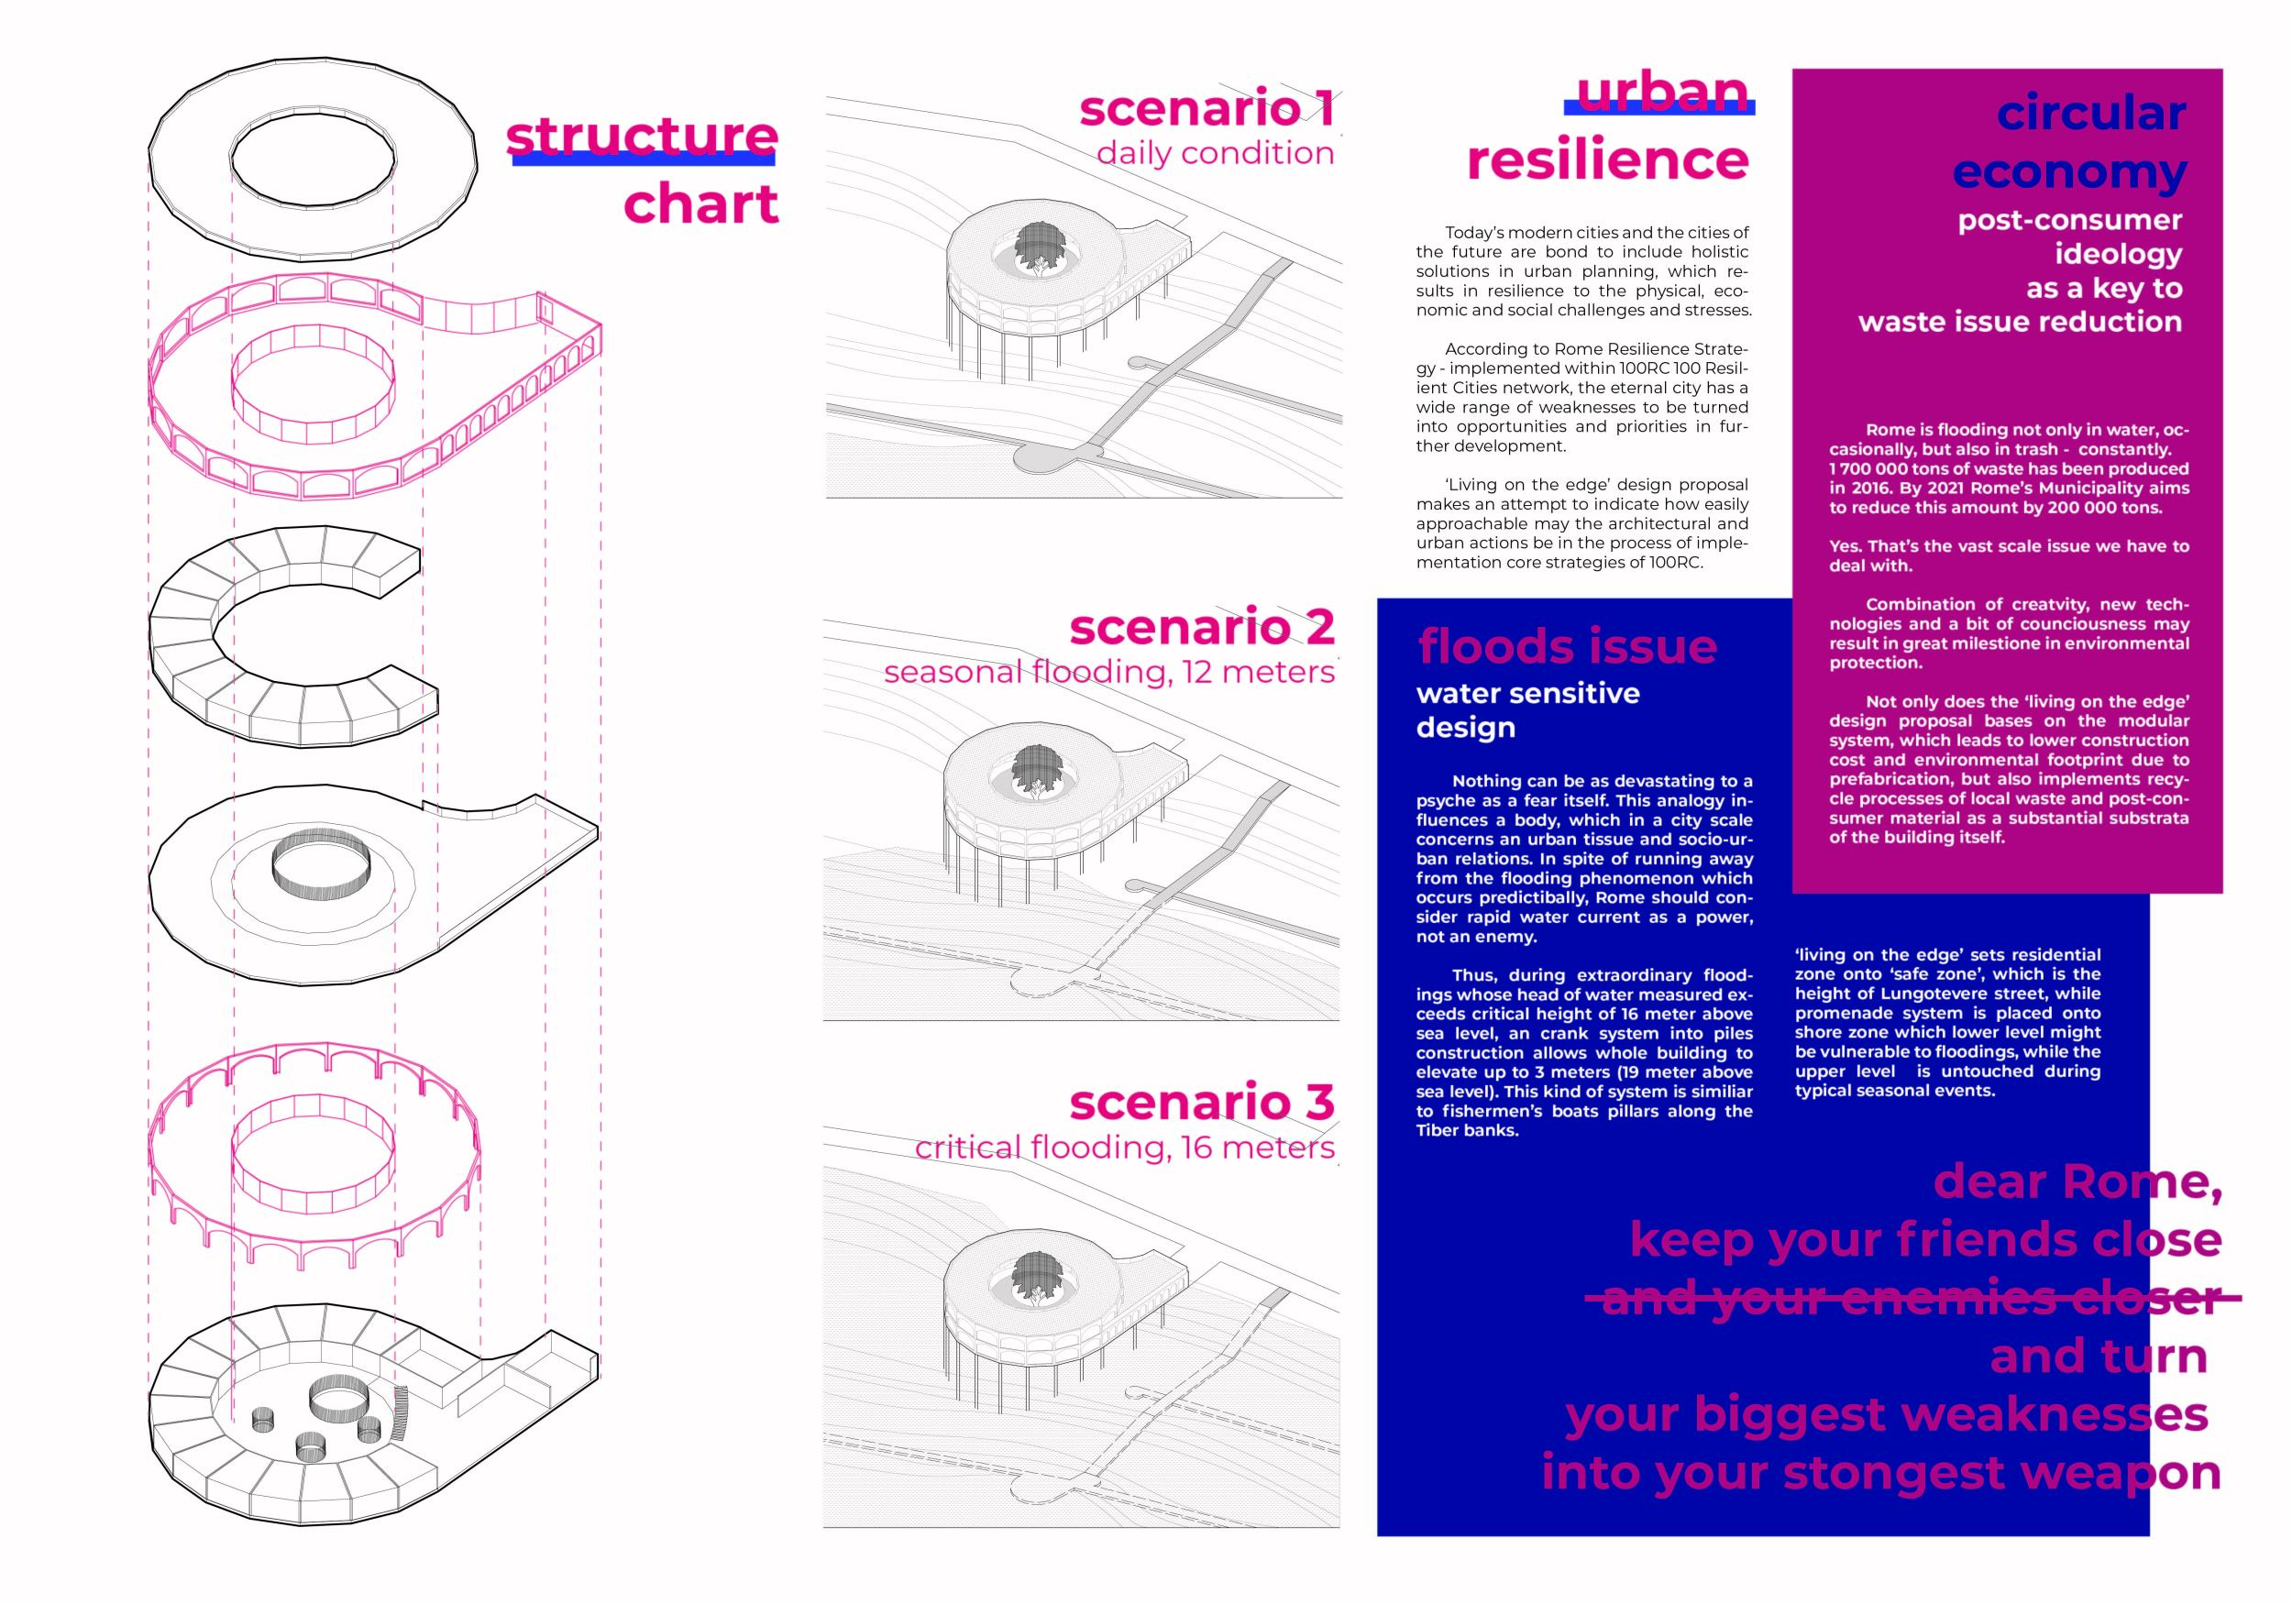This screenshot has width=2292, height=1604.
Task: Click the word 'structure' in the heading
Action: pyautogui.click(x=641, y=136)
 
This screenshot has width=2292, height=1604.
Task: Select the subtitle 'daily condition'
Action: pyautogui.click(x=1215, y=153)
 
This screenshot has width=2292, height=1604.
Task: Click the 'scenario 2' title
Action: pyautogui.click(x=1202, y=627)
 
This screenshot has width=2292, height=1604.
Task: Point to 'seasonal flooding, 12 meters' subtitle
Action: pyautogui.click(x=1108, y=672)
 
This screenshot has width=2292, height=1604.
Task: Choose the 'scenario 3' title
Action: pyautogui.click(x=1202, y=1102)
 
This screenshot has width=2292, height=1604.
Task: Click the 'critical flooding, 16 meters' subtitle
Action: pyautogui.click(x=1124, y=1148)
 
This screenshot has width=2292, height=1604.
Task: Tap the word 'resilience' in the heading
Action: pyautogui.click(x=1607, y=159)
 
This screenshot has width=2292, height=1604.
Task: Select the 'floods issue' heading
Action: pyautogui.click(x=1567, y=646)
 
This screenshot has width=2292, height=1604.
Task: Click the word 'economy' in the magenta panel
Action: pyautogui.click(x=2069, y=171)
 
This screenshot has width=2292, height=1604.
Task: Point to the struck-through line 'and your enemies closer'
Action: pyautogui.click(x=1912, y=1298)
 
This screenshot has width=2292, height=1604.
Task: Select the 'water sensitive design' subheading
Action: pyautogui.click(x=1527, y=709)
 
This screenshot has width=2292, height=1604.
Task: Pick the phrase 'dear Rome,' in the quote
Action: pyautogui.click(x=2077, y=1181)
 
